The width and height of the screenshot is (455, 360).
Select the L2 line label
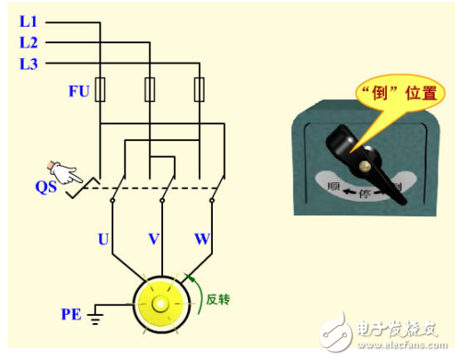tap(29, 42)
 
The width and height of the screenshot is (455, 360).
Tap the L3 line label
tap(29, 64)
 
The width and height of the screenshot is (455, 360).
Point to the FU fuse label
tap(78, 90)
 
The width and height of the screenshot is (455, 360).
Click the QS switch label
tap(47, 187)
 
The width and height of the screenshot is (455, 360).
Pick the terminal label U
tap(104, 240)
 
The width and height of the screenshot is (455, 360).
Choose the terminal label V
tap(154, 240)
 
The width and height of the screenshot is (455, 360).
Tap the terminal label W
tap(202, 240)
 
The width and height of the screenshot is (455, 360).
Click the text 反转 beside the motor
tap(217, 298)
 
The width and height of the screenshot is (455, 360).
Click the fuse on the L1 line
tap(100, 90)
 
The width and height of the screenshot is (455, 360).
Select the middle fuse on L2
tap(150, 90)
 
